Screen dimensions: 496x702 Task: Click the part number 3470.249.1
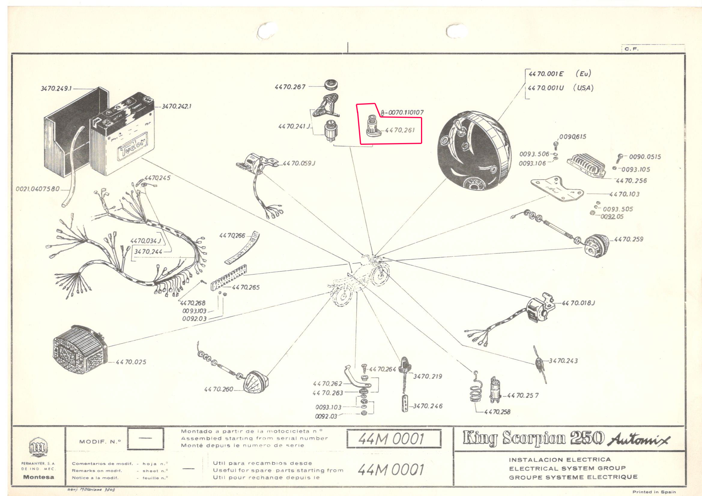(x=56, y=88)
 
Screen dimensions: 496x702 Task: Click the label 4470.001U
(x=546, y=88)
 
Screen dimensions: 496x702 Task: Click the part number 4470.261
(x=400, y=130)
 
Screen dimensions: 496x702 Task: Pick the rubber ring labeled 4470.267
(x=331, y=85)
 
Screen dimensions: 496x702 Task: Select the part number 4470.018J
(x=579, y=303)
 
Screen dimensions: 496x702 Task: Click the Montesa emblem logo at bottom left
(x=38, y=447)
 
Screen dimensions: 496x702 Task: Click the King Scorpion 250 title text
(x=534, y=438)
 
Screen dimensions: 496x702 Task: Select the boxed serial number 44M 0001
(x=394, y=439)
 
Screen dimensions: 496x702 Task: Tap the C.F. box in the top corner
(x=631, y=49)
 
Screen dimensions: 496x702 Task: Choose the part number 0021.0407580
(x=38, y=189)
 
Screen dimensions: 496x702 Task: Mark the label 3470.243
(x=563, y=361)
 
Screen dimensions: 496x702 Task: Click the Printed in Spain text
(x=654, y=492)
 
